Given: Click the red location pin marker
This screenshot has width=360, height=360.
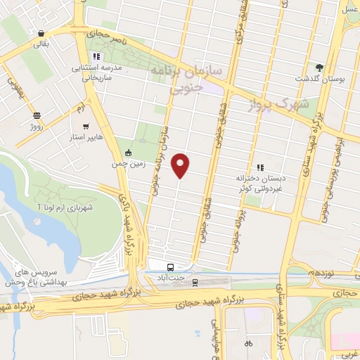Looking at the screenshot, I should pyautogui.click(x=181, y=165).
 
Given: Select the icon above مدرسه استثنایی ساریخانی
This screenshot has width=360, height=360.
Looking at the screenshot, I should pyautogui.click(x=96, y=56).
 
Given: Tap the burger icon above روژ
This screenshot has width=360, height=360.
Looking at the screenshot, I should pyautogui.click(x=36, y=115).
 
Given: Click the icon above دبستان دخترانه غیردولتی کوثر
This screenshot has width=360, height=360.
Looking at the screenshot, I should pyautogui.click(x=260, y=167).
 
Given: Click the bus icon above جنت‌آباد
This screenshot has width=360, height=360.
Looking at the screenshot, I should pyautogui.click(x=171, y=267).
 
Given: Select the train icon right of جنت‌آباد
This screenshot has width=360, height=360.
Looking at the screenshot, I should pyautogui.click(x=196, y=282).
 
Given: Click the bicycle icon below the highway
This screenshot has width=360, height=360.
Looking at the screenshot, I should pyautogui.click(x=247, y=344).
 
